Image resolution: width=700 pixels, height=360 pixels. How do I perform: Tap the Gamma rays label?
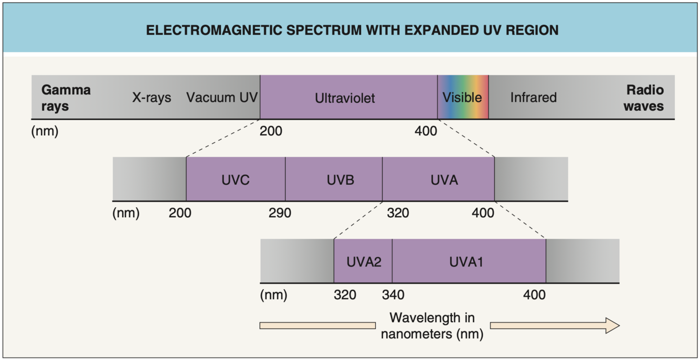[x=66, y=98]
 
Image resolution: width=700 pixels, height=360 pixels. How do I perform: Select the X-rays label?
[x=151, y=98]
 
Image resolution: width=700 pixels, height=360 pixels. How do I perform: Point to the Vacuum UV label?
[x=221, y=98]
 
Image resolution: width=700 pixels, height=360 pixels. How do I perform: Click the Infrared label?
[x=533, y=98]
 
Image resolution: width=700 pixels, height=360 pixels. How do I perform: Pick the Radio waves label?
[x=644, y=98]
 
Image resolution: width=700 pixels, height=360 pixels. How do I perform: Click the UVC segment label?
[x=235, y=180]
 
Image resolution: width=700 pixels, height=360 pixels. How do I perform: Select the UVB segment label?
[x=340, y=180]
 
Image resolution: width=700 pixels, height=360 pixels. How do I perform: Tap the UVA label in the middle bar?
[x=444, y=180]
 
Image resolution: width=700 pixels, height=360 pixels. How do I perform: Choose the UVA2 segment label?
[x=363, y=262]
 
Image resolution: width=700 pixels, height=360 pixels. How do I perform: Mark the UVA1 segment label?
[x=465, y=262]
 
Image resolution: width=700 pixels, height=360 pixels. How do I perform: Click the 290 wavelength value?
[x=280, y=213]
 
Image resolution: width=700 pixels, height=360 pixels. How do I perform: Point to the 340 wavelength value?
[x=393, y=295]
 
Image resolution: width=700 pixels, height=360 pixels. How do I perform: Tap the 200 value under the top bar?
[x=271, y=131]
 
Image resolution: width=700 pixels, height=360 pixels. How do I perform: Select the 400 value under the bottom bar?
[x=534, y=295]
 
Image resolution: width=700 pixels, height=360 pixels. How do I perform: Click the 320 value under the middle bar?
[x=398, y=213]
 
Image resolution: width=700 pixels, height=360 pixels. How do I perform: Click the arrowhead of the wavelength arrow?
[x=612, y=325]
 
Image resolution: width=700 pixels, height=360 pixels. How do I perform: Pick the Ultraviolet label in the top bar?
[x=345, y=98]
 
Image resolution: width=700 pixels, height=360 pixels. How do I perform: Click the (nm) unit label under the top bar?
[x=45, y=131]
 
